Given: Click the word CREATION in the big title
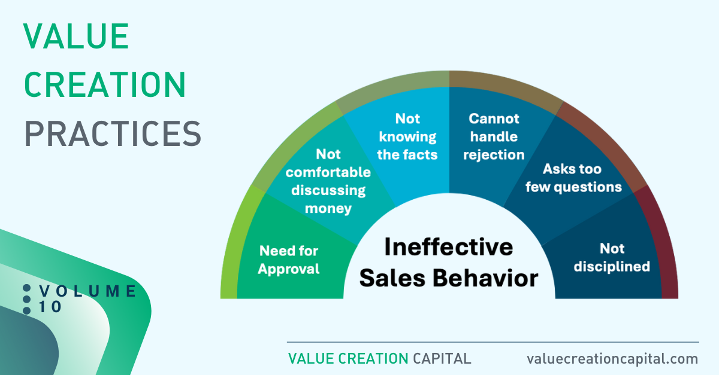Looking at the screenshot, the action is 105,84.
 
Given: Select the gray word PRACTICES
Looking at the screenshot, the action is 113,133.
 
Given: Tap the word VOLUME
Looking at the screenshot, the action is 87,291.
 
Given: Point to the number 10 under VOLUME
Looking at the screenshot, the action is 50,307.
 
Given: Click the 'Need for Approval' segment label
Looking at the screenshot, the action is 289,260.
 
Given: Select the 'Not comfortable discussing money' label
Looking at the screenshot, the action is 328,181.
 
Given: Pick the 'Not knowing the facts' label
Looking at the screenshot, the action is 407,136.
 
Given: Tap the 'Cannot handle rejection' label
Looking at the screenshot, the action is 494,136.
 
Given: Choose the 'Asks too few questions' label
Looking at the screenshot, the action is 573,178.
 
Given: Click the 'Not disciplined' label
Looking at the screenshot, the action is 612,257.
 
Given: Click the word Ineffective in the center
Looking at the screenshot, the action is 449,247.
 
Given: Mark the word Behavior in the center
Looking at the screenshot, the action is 485,278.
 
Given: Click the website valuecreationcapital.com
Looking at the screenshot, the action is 612,359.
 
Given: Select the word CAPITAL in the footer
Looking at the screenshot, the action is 442,359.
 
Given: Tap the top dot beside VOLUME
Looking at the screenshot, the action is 26,288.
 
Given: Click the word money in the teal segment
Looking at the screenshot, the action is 328,209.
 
